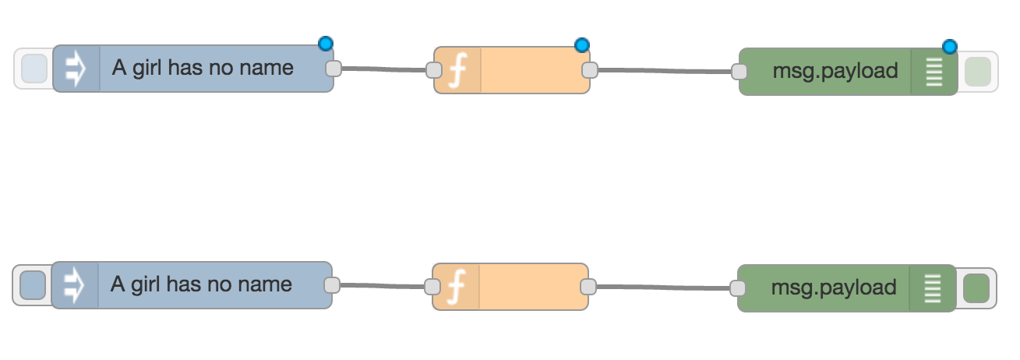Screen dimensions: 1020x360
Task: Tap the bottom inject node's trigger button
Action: (33, 285)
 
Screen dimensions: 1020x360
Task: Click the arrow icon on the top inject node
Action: (76, 69)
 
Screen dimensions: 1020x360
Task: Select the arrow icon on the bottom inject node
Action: (75, 285)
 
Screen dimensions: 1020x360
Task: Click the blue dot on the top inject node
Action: (326, 43)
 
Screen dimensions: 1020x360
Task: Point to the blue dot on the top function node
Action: (582, 45)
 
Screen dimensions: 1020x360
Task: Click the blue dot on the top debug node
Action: (949, 47)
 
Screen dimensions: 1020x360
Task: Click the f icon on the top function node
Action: (458, 71)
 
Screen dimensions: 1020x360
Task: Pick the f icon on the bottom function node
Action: (457, 287)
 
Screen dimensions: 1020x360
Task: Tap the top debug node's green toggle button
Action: (977, 72)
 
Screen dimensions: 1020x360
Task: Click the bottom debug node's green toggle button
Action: (976, 288)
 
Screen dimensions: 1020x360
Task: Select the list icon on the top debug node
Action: (934, 72)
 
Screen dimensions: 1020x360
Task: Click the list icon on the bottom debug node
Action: (932, 288)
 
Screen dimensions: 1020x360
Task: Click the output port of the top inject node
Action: (334, 69)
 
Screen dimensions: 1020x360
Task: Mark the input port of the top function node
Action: (435, 70)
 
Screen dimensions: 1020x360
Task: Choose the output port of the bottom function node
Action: (588, 286)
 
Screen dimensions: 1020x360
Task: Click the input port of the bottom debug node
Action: (737, 288)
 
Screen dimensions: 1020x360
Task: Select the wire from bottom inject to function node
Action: (382, 285)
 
